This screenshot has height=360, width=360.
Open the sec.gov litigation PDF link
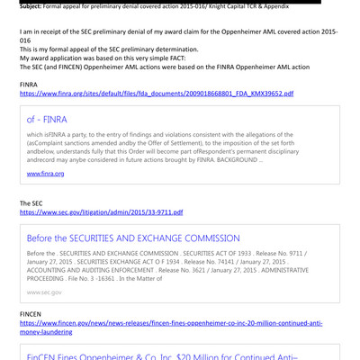tap(101, 212)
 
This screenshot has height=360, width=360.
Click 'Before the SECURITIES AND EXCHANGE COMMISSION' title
tap(133, 238)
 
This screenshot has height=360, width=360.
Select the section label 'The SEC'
tap(31, 203)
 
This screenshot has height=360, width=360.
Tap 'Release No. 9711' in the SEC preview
tap(307, 255)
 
